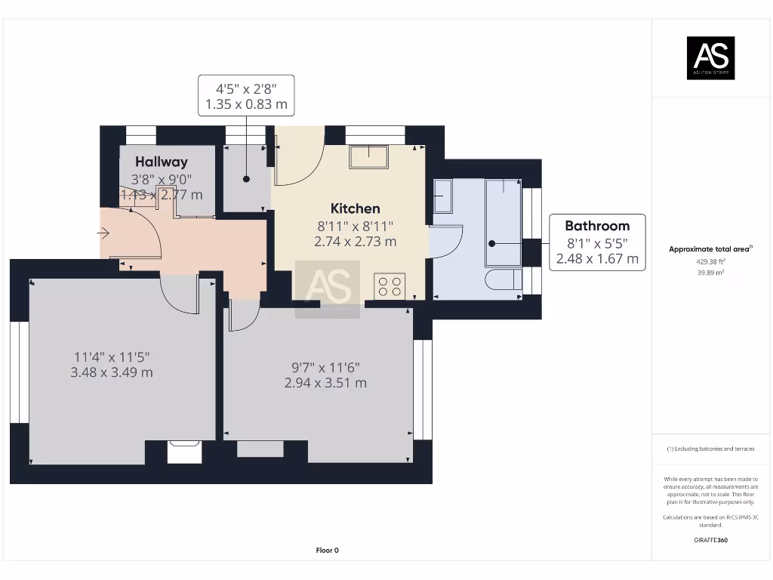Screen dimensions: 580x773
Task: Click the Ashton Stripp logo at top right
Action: [710, 58]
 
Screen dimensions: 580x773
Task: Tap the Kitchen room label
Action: [355, 208]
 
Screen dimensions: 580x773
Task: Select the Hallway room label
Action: [162, 162]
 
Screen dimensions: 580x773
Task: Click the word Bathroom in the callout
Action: [597, 226]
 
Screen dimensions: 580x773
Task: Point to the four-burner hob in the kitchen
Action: [390, 286]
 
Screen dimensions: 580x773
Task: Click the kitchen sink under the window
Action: [368, 156]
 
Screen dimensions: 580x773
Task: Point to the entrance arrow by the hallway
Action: [103, 233]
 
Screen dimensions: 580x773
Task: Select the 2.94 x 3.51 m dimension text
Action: [325, 383]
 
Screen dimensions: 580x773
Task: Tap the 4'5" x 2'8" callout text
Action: [246, 88]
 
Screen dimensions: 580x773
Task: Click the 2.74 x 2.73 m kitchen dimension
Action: [355, 242]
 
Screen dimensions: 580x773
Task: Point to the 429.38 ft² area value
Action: [710, 263]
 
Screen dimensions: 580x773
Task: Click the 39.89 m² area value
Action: [710, 273]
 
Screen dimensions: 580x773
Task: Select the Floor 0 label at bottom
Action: [327, 551]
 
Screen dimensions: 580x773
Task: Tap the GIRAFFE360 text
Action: [710, 540]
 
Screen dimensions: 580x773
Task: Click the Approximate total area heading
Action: [710, 249]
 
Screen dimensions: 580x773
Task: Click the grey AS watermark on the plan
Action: [327, 288]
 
